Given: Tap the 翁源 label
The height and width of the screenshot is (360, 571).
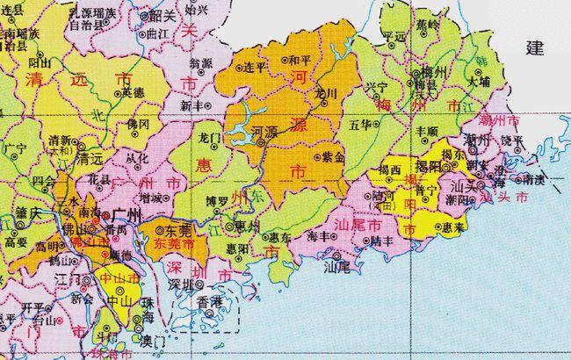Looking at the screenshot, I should click(200, 63).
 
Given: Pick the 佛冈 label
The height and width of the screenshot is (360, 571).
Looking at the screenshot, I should click(139, 125).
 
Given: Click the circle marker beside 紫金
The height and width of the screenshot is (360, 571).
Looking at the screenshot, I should click(317, 159).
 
